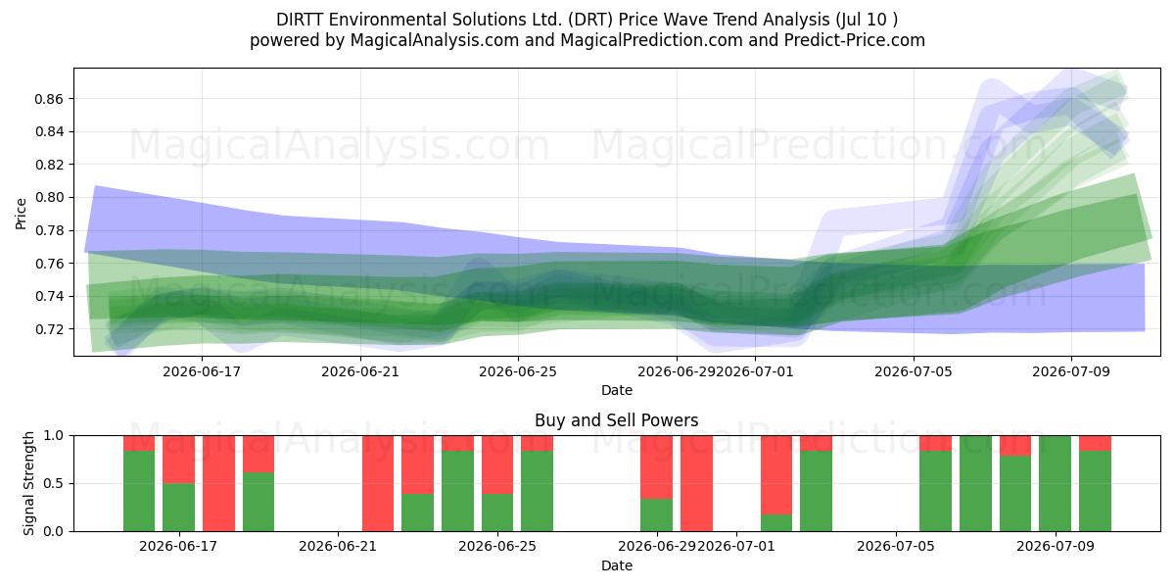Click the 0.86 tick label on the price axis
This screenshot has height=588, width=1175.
tap(49, 99)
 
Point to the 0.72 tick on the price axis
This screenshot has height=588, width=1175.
tap(49, 329)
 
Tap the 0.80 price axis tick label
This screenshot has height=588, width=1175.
tap(49, 197)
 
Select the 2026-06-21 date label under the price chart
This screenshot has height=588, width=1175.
tap(360, 371)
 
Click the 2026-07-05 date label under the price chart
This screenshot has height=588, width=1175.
tap(914, 371)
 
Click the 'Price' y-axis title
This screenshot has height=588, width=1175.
tap(21, 214)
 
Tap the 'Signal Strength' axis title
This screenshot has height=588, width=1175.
tap(28, 483)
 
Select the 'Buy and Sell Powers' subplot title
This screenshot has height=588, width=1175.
tap(616, 420)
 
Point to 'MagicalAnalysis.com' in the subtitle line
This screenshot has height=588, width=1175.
tap(435, 40)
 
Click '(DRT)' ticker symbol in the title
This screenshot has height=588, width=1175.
tap(590, 20)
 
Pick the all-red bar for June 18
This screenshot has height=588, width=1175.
tap(218, 483)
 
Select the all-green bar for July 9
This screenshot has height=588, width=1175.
tap(1055, 483)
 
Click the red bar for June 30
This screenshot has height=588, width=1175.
tap(696, 483)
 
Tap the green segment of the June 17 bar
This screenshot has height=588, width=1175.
tap(179, 508)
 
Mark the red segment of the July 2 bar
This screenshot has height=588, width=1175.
tap(776, 474)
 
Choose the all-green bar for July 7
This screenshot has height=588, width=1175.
tap(975, 483)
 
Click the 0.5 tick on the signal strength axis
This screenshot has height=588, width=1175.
tap(53, 483)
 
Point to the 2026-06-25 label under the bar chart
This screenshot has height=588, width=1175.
tap(497, 547)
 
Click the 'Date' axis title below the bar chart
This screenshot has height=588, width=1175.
tap(616, 565)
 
